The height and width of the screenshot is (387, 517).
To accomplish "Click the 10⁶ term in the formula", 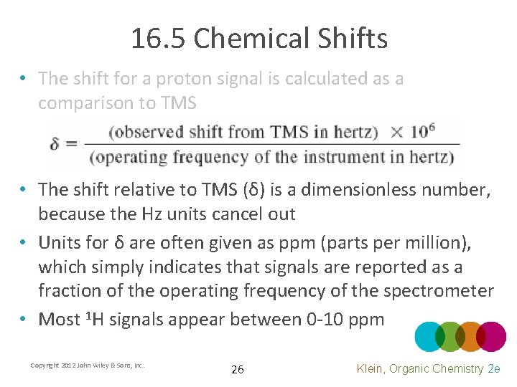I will point(421,131).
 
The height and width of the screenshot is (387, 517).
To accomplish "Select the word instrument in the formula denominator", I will point(372,157).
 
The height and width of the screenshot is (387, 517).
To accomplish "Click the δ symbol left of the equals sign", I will point(55,144).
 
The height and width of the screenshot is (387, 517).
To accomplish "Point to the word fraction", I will point(70,291).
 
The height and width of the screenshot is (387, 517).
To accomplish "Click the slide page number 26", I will point(238,370).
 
